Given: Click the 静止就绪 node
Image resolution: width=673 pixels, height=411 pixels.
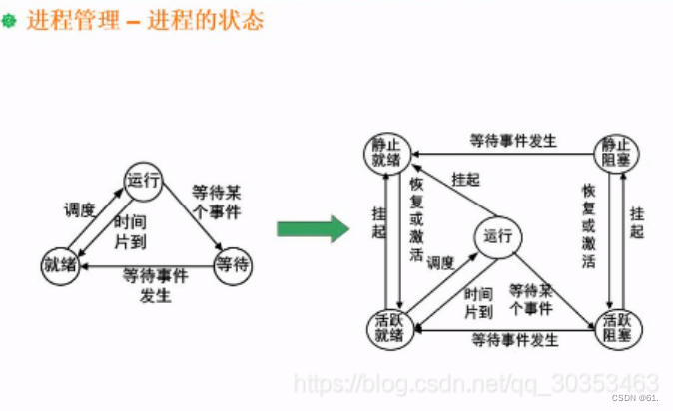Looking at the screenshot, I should (x=385, y=150).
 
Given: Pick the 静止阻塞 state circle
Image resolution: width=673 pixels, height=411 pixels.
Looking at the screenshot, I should (x=617, y=150).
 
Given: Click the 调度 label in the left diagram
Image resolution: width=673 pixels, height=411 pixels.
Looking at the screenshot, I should (x=80, y=209).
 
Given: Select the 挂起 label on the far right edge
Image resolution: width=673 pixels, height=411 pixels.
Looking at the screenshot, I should (x=638, y=224).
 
